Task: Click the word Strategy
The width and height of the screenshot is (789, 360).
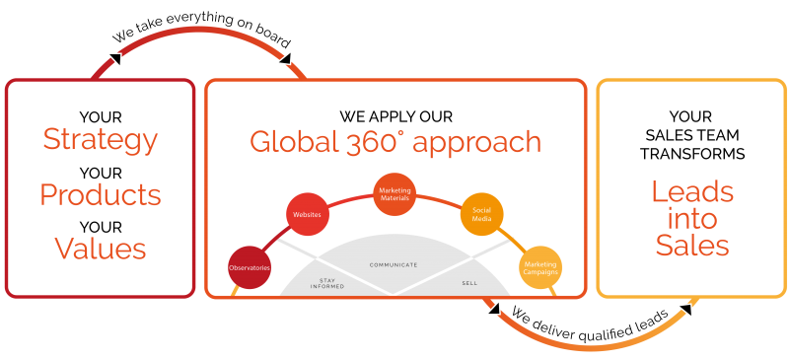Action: [100, 140]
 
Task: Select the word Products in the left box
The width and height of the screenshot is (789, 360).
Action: [100, 194]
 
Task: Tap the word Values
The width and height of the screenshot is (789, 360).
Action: [100, 248]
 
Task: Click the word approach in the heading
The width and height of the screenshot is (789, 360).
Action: [477, 143]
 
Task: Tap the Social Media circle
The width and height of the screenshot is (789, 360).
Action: [481, 214]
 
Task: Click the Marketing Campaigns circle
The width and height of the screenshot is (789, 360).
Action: [540, 267]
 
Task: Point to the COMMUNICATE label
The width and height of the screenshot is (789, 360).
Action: [394, 265]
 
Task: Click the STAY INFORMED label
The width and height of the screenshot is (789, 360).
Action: [326, 283]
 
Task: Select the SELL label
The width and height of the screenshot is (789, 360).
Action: [469, 283]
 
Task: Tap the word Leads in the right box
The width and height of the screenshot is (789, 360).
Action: [691, 191]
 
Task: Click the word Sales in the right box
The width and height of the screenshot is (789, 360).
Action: [691, 245]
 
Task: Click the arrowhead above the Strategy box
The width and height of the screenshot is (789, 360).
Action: [114, 59]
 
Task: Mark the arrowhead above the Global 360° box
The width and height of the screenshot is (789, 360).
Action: [285, 59]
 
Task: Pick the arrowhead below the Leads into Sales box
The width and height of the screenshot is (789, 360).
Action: [684, 311]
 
